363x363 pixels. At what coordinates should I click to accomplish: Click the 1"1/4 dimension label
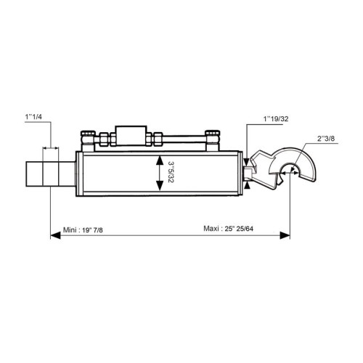tap(33, 117)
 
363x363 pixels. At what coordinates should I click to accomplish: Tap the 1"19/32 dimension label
tap(276, 119)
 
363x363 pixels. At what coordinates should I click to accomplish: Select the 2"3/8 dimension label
tap(326, 139)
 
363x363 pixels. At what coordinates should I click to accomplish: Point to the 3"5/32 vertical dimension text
tap(171, 173)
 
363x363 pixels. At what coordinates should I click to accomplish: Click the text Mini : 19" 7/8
tap(83, 230)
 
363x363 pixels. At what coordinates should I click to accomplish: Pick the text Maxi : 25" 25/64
tap(229, 229)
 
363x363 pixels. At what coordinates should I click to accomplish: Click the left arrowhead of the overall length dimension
tap(55, 235)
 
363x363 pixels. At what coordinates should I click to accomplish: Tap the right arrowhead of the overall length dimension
tap(285, 235)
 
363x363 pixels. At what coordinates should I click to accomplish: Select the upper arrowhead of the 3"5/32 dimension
tap(160, 160)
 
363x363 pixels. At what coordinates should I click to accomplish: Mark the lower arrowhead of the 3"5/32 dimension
tap(160, 186)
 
